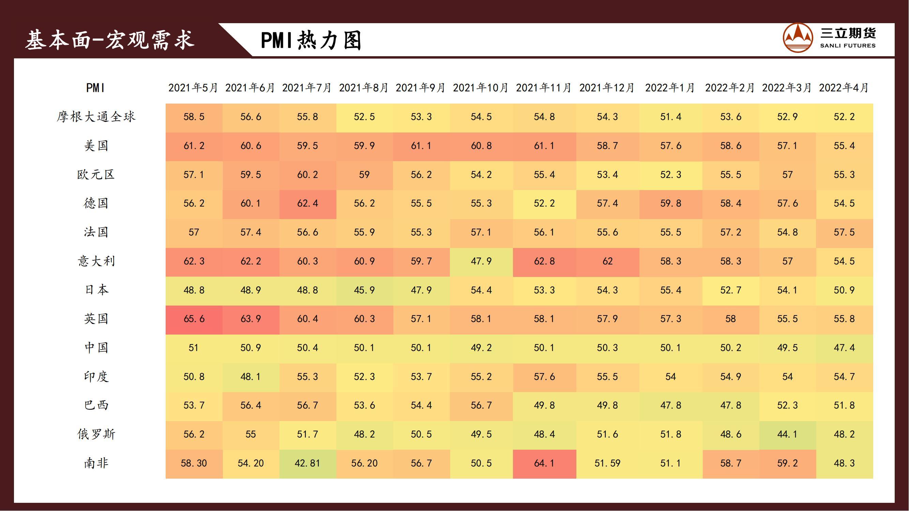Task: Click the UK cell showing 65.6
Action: click(194, 319)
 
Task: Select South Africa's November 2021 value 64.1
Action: click(544, 463)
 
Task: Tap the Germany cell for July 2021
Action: click(307, 203)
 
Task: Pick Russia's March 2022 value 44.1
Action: click(787, 434)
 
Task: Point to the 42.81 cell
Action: click(307, 463)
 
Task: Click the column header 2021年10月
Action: click(481, 88)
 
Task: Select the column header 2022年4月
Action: click(844, 88)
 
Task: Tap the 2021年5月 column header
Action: click(193, 88)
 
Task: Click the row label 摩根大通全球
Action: click(96, 117)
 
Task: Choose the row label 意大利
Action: click(96, 261)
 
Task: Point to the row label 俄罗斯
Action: click(96, 434)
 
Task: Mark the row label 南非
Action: click(96, 463)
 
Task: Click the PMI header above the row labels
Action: click(95, 88)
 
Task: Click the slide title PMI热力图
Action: click(311, 40)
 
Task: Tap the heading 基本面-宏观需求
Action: click(110, 40)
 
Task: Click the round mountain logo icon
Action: click(798, 38)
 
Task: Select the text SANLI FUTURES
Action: click(848, 46)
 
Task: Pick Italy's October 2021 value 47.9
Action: click(481, 261)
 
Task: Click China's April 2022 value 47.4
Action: click(844, 348)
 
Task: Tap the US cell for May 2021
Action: click(194, 146)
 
